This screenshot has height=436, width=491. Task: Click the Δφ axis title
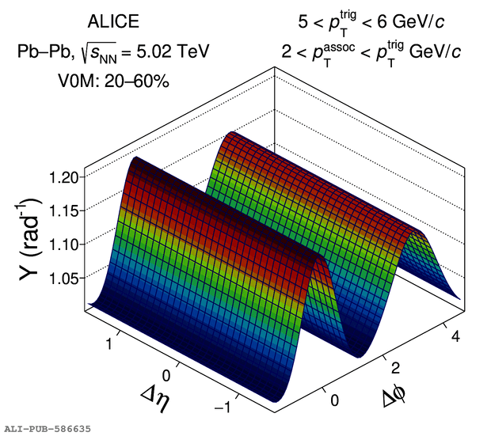[x=396, y=396]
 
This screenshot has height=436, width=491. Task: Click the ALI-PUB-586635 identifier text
[x=48, y=428]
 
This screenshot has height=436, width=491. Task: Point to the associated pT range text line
[x=371, y=52]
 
